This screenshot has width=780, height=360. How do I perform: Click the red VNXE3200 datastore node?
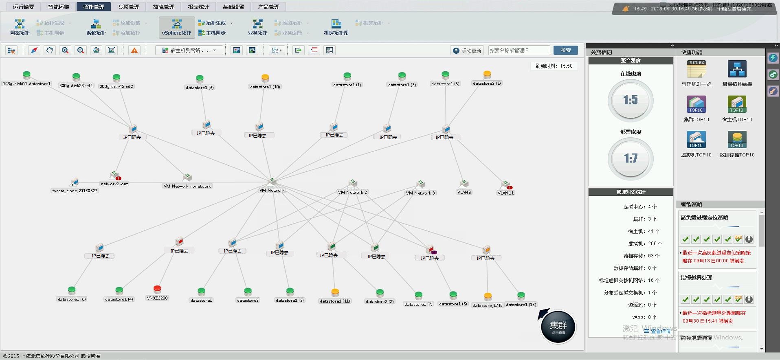(157, 289)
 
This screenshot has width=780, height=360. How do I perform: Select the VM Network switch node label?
(272, 190)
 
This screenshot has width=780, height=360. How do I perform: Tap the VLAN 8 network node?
(464, 184)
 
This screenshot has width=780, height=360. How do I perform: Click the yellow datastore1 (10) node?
(265, 78)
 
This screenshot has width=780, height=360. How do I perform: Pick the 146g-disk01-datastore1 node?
(26, 75)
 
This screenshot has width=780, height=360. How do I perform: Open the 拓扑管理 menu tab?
(93, 7)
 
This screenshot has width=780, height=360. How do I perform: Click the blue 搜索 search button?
(565, 50)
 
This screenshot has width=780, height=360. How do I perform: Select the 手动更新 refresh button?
(467, 50)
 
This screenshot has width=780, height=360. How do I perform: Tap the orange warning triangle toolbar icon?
(134, 50)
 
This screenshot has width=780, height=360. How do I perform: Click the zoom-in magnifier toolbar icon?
(65, 50)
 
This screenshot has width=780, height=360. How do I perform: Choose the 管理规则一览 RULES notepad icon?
(696, 69)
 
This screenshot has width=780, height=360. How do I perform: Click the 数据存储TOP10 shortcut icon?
(737, 140)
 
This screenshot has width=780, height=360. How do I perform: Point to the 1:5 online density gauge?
(631, 101)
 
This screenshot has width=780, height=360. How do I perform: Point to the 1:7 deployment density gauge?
(631, 158)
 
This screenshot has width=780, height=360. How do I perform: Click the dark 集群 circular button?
(558, 327)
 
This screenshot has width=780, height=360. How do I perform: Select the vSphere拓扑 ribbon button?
(177, 27)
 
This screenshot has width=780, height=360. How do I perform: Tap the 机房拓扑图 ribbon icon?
(336, 27)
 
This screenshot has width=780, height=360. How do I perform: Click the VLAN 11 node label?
(505, 193)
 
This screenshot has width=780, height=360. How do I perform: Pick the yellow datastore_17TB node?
(488, 296)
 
